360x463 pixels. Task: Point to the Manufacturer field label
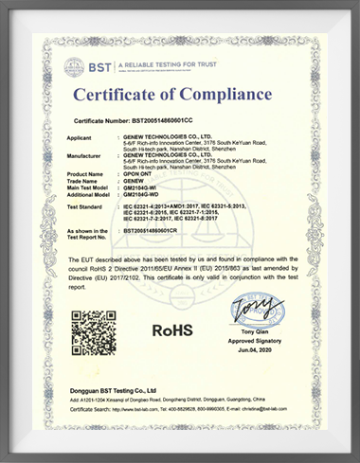click(87, 154)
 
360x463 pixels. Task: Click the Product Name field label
click(88, 175)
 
